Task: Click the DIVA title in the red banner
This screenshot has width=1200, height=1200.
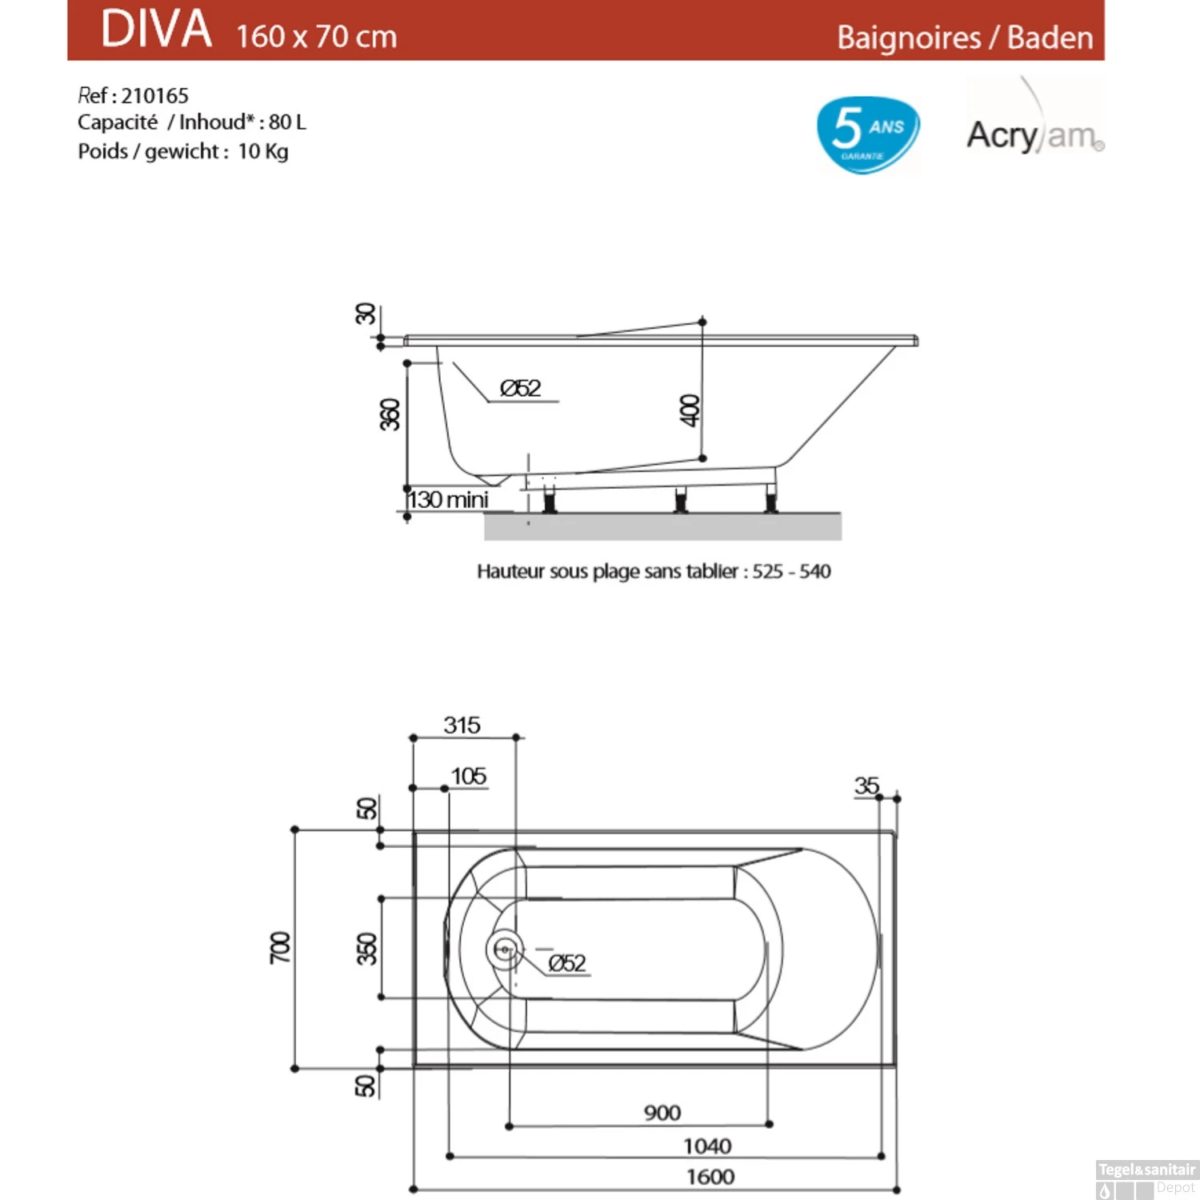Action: (x=156, y=30)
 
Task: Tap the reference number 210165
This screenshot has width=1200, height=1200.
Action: (x=154, y=96)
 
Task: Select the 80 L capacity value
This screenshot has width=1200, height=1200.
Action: (x=287, y=122)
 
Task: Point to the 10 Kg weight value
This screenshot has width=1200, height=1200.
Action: (x=263, y=151)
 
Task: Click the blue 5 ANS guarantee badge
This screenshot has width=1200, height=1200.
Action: (x=867, y=133)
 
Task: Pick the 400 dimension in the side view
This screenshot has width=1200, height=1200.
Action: (x=690, y=410)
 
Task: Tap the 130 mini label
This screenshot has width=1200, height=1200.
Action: (x=449, y=499)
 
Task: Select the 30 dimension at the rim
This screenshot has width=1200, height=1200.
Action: (x=365, y=314)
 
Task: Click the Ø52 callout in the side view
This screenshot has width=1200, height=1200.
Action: (x=520, y=389)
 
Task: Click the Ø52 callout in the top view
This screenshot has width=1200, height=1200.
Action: (x=567, y=963)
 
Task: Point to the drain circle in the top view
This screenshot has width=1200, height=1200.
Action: (x=505, y=950)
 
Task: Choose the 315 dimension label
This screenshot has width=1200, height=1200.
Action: (x=462, y=725)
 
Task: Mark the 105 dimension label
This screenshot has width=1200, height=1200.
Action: (x=468, y=776)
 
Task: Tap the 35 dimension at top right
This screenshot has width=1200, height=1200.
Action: (x=866, y=786)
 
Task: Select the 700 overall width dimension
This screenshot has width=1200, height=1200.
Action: (x=280, y=947)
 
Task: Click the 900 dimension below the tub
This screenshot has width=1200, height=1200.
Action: (x=662, y=1113)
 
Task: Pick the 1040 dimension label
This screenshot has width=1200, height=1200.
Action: (x=707, y=1146)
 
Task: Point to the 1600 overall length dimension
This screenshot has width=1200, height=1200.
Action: (x=710, y=1177)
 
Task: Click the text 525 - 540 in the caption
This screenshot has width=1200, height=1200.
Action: (x=791, y=571)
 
